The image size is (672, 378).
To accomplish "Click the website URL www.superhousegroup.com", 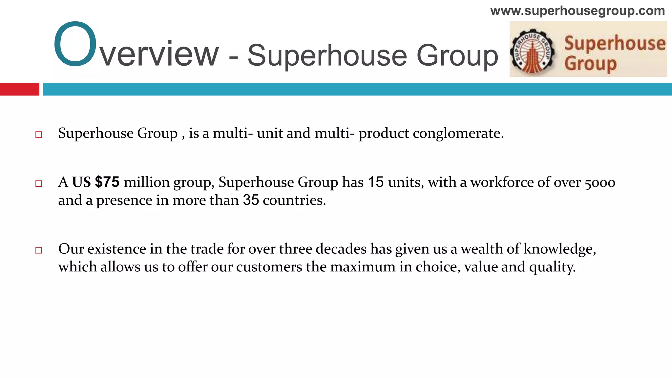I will point(577,11).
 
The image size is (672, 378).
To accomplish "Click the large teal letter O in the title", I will point(75,44).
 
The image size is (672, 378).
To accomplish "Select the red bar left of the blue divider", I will point(19,89).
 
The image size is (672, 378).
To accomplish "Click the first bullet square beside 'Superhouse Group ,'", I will point(39,135).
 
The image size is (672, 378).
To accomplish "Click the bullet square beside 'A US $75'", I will point(39,183).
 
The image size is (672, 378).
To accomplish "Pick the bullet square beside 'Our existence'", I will point(39,250).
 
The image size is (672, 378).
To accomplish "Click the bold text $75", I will point(107,182).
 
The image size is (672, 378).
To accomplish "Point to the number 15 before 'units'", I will point(376,182).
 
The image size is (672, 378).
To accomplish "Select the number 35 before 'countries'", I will point(251,200).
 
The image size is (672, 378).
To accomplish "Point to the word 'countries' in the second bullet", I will point(294,200).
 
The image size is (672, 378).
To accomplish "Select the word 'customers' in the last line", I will point(269,267).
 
